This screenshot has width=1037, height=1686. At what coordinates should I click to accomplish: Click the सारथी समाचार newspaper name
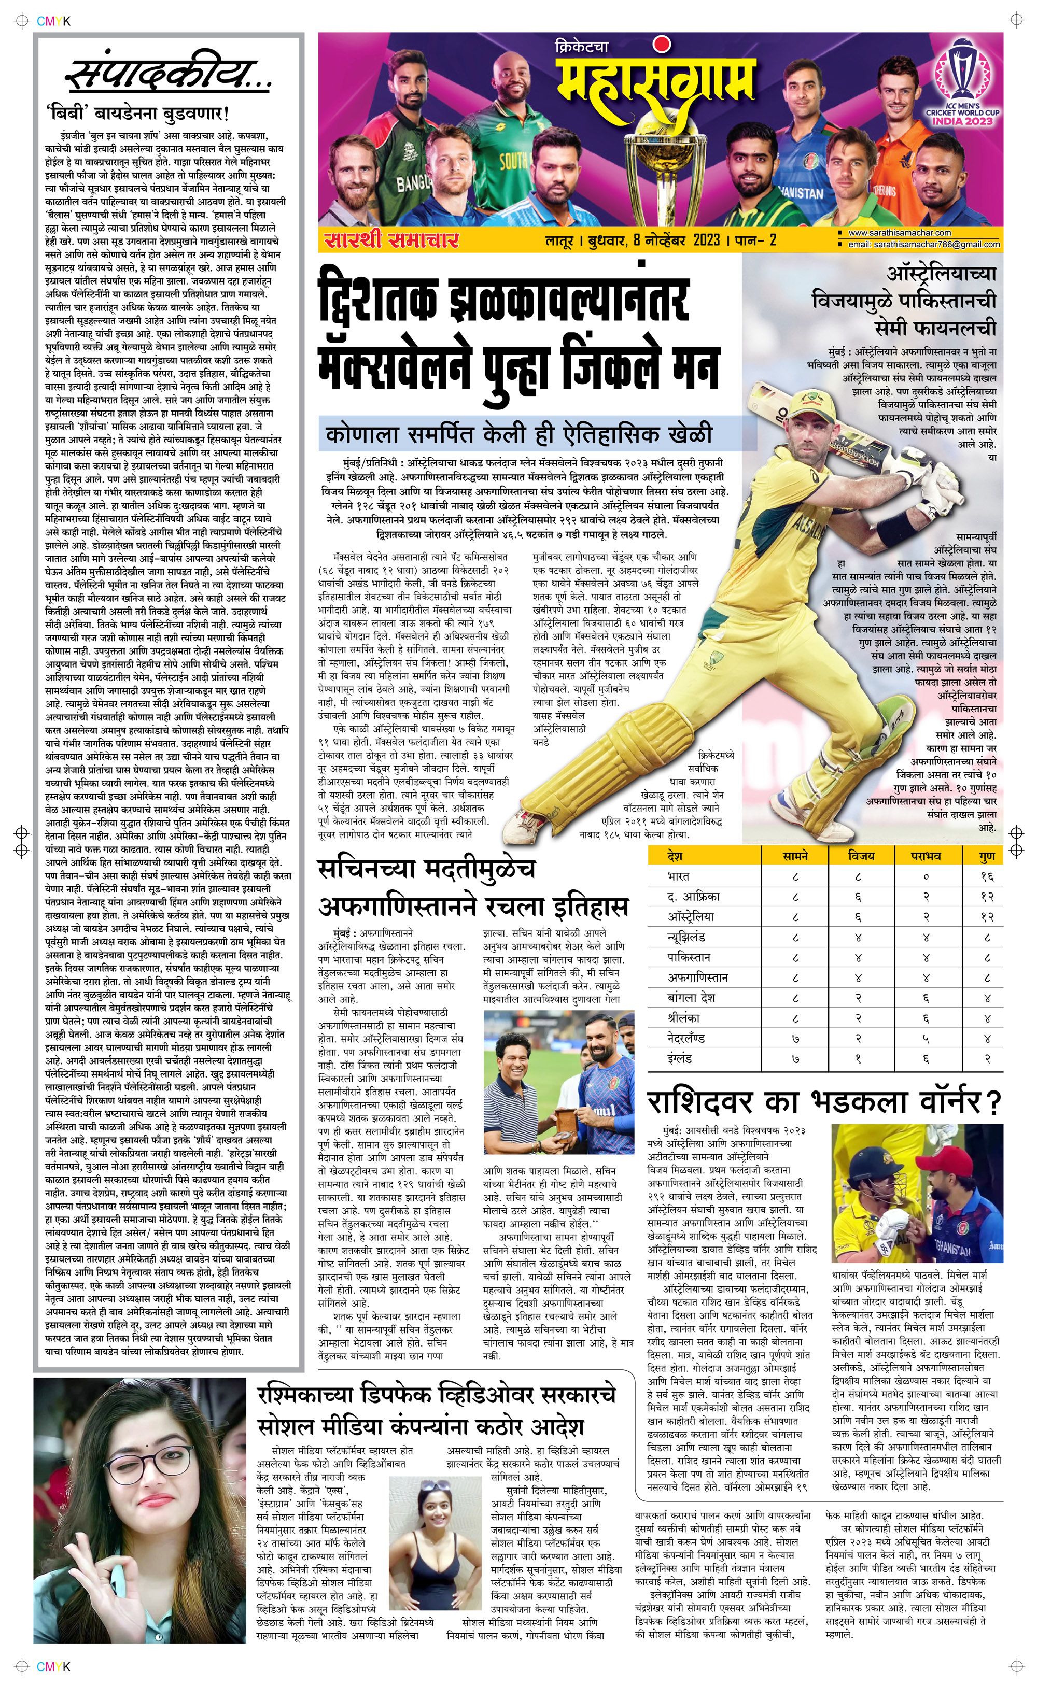pyautogui.click(x=391, y=240)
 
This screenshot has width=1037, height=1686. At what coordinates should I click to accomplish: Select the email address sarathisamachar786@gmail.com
pyautogui.click(x=923, y=245)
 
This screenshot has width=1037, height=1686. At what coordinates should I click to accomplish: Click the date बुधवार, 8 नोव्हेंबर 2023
pyautogui.click(x=654, y=240)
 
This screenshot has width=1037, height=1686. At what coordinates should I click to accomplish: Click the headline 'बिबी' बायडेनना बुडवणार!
pyautogui.click(x=137, y=113)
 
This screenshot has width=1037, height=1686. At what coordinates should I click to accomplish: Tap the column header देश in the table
pyautogui.click(x=675, y=856)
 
